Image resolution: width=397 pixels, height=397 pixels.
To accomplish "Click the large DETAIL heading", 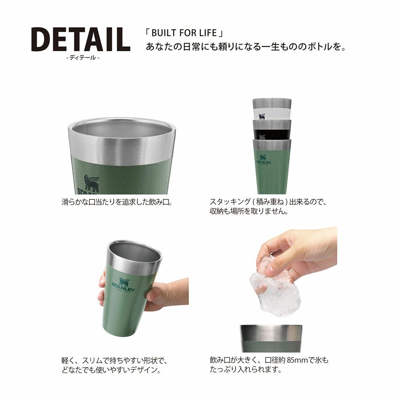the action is tap(81, 39).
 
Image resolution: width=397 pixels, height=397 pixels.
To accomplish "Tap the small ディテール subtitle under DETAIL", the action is tap(83, 58).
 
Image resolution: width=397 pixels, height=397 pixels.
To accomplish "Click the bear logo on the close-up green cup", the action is tap(91, 183).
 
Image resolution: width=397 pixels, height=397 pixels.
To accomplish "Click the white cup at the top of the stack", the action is tap(272, 109).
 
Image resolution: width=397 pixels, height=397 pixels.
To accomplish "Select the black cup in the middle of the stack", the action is tap(272, 129).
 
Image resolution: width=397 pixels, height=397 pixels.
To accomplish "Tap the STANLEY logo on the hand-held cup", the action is tap(123, 285).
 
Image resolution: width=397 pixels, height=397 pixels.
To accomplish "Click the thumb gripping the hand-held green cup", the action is tap(153, 295).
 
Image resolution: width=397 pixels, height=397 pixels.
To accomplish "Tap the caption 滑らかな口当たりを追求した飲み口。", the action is tap(118, 202).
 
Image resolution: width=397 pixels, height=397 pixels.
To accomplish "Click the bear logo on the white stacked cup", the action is tap(262, 116).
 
